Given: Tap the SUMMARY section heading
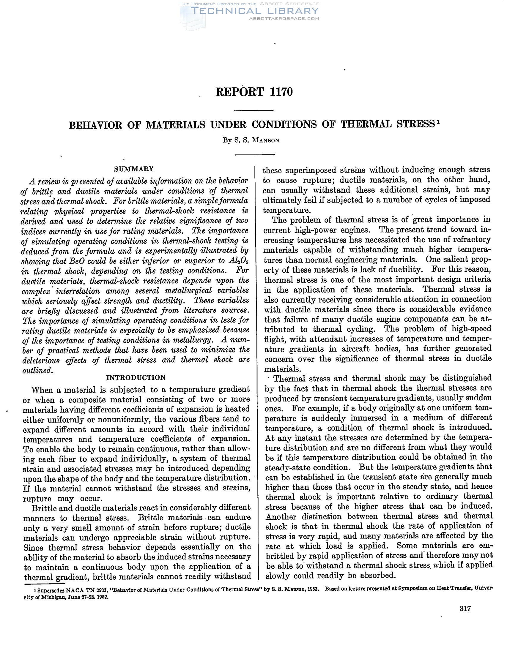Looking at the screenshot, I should [x=134, y=169].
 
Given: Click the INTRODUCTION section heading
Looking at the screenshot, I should [x=136, y=377].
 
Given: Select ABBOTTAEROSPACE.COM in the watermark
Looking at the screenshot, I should [x=284, y=19].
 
